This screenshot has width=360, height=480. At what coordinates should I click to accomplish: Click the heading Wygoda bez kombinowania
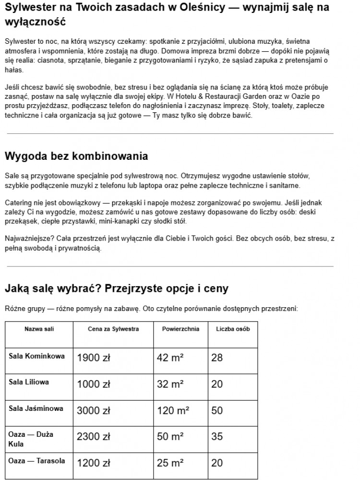[76, 156]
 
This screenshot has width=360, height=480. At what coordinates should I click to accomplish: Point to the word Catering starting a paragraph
[18, 203]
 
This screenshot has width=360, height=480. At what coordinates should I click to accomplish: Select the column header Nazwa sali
[39, 329]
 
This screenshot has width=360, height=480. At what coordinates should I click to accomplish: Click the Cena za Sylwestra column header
[113, 329]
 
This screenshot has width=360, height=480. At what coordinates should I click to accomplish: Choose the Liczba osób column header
[233, 329]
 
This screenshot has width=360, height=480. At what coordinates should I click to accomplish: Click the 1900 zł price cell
[94, 358]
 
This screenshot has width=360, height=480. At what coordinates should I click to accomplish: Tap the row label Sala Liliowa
[29, 382]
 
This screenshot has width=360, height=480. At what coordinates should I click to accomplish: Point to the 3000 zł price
[94, 410]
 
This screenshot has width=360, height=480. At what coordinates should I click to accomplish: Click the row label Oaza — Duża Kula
[31, 439]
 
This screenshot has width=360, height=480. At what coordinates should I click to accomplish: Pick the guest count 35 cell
[217, 437]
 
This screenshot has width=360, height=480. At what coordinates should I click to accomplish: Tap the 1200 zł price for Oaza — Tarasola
[94, 463]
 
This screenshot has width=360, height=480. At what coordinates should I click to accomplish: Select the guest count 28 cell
[217, 358]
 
